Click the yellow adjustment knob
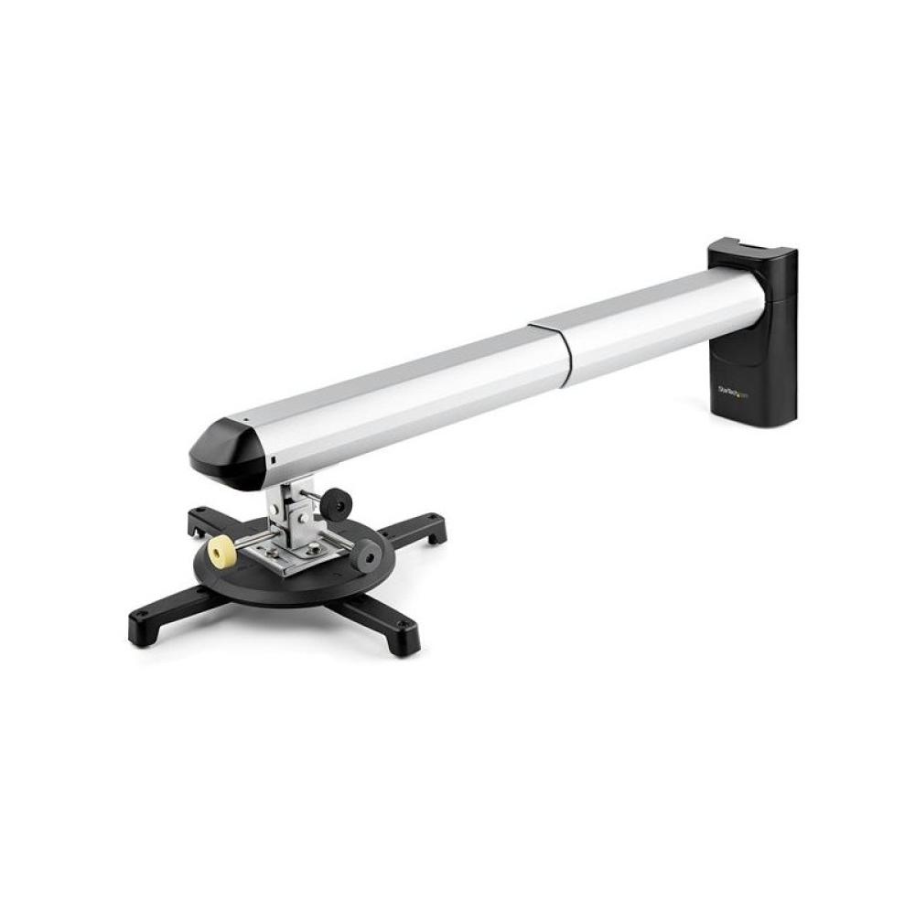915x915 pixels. click(221, 551)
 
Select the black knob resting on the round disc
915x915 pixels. click(367, 554)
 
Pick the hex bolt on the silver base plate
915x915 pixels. click(313, 549)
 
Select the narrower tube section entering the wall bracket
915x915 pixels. click(659, 325)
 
